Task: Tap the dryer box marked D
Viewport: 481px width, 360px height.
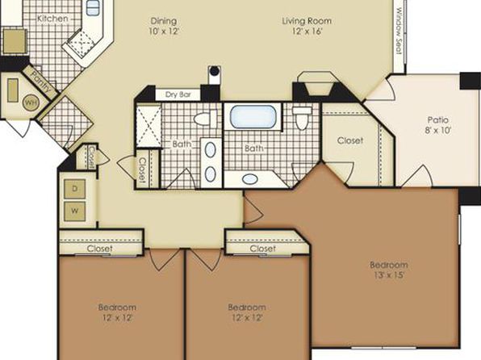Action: pos(74,189)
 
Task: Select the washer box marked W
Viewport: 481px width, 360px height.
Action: pos(74,211)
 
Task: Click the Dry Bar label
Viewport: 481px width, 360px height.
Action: pos(178,94)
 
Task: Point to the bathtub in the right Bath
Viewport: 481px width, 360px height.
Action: pos(253,117)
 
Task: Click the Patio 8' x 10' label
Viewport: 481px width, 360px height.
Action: pos(438,125)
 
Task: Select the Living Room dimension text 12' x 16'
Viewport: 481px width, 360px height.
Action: pos(307,31)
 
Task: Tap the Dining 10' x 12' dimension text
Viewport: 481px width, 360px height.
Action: pos(164,31)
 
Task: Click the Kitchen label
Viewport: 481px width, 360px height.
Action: pos(52,19)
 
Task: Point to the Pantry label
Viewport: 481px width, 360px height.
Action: pos(41,82)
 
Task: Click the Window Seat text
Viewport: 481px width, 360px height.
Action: pos(399,31)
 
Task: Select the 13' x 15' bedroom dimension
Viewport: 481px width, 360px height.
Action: pos(389,274)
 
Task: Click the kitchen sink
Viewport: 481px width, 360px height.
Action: pos(93,8)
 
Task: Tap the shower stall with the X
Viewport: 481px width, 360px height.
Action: pos(148,127)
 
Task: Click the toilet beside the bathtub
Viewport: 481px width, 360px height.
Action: pos(302,118)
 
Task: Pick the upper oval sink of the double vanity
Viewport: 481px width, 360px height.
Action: pos(211,150)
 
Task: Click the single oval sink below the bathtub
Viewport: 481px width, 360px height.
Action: pos(250,179)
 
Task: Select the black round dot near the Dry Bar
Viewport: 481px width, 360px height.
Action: pos(215,71)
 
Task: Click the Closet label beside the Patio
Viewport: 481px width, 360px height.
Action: pos(350,140)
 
